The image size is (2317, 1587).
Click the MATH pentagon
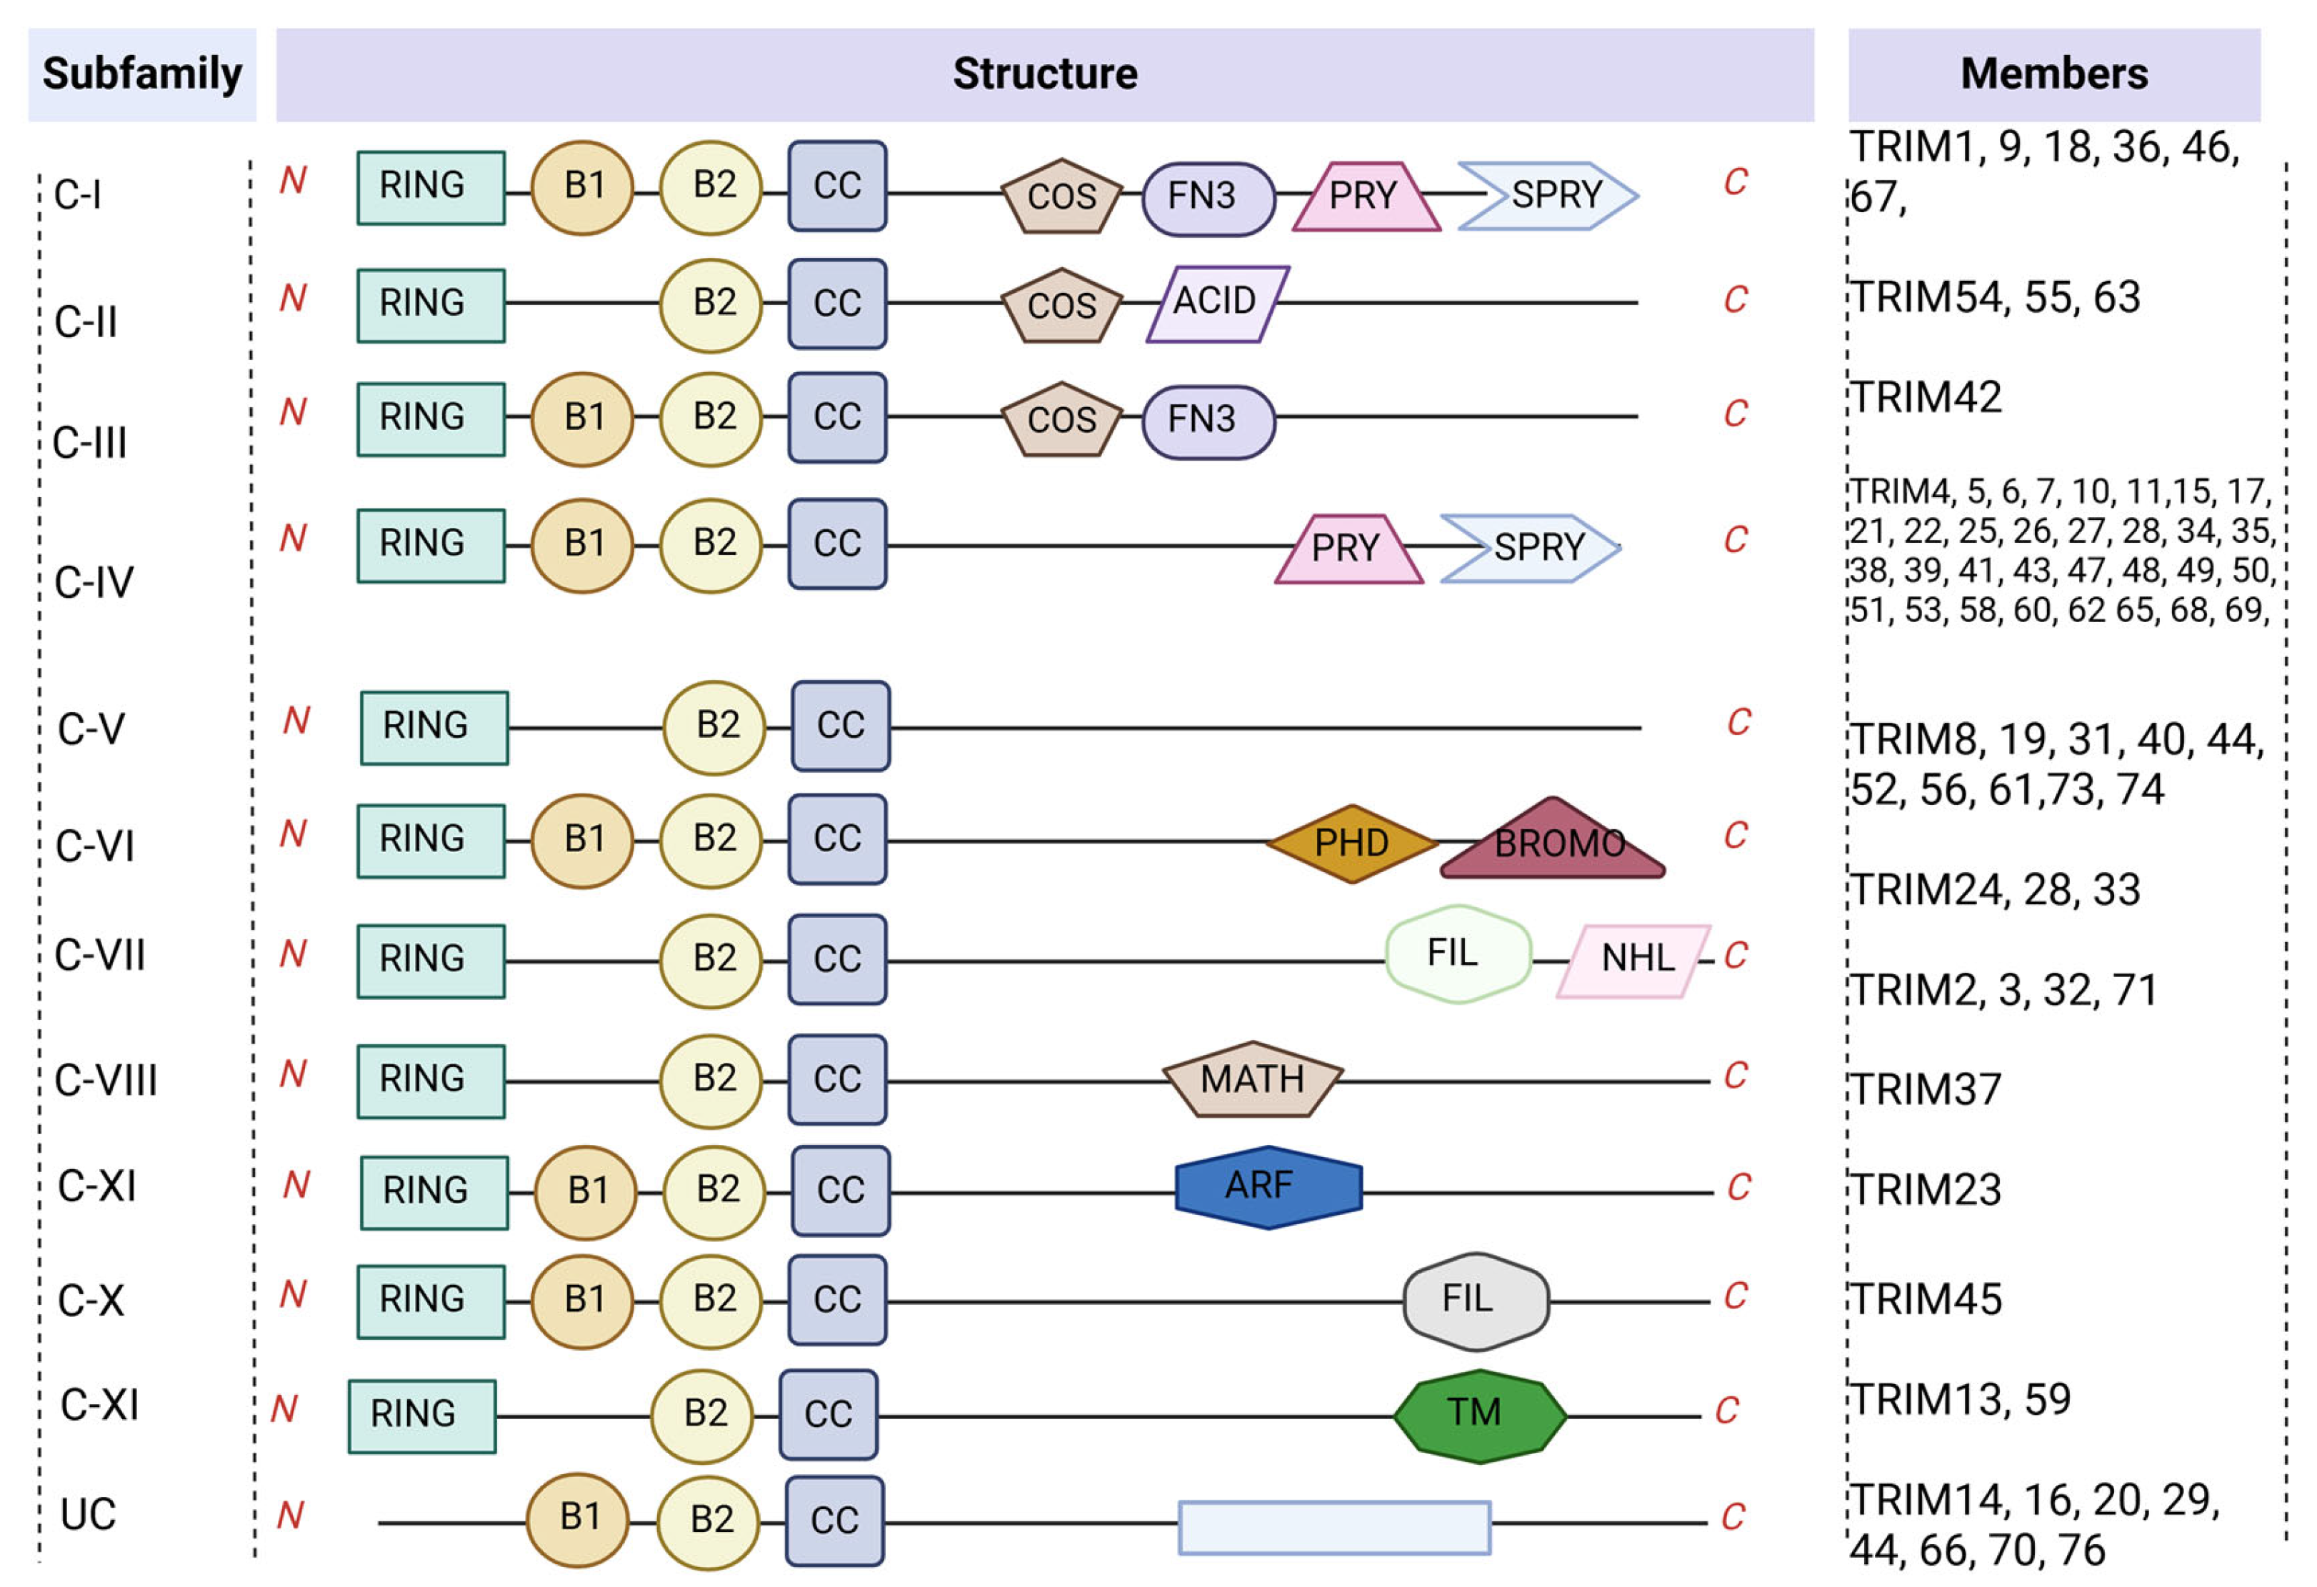(x=1252, y=1080)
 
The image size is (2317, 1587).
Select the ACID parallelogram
(x=1216, y=302)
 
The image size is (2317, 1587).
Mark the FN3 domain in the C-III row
(x=1206, y=420)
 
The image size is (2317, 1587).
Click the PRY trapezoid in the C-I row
(x=1365, y=196)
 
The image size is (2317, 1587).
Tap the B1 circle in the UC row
(x=579, y=1518)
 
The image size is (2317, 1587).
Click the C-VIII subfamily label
(x=106, y=1081)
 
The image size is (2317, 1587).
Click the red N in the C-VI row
(x=292, y=833)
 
